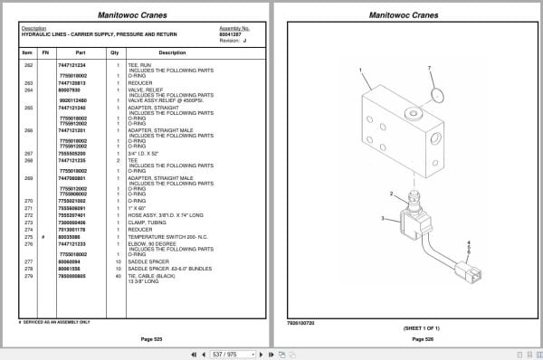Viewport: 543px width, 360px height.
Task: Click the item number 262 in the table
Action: click(x=27, y=66)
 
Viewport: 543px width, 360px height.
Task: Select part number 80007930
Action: click(x=70, y=90)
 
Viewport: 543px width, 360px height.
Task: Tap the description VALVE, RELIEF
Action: click(x=145, y=90)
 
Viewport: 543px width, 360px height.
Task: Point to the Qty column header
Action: click(x=115, y=52)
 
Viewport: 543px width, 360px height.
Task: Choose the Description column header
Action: click(x=172, y=52)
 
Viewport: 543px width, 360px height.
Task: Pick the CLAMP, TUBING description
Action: click(x=154, y=222)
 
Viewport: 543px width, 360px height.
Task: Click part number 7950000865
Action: click(x=71, y=275)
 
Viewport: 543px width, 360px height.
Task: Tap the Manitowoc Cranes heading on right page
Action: click(x=405, y=15)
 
